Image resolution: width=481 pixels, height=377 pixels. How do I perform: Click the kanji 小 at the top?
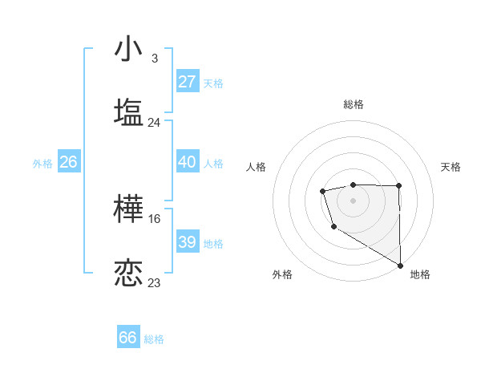128,48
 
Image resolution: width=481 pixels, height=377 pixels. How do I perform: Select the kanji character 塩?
128,111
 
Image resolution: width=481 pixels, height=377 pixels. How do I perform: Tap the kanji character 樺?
128,208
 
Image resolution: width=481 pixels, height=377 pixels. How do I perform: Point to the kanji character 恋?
128,272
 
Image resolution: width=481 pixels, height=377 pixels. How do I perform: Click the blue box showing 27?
188,82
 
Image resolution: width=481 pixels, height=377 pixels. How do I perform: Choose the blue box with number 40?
188,162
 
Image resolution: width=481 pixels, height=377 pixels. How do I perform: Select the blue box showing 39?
188,242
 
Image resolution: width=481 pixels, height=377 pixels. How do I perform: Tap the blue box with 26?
68,162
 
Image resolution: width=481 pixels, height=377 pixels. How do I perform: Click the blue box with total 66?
128,338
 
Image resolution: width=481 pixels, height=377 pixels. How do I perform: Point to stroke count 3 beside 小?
155,59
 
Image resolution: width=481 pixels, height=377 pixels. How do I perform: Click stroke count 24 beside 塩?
155,123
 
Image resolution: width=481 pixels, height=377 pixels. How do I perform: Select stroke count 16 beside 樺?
155,218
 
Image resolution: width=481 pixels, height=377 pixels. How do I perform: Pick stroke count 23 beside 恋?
155,282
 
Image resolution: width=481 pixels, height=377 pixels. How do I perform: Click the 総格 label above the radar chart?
353,104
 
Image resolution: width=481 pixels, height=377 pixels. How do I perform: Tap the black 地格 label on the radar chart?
420,274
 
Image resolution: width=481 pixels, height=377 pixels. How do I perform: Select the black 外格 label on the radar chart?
282,274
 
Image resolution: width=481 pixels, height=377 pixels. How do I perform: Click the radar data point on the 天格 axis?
398,185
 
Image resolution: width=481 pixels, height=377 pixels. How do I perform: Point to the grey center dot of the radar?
353,200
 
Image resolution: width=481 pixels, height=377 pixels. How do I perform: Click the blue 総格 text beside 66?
154,339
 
